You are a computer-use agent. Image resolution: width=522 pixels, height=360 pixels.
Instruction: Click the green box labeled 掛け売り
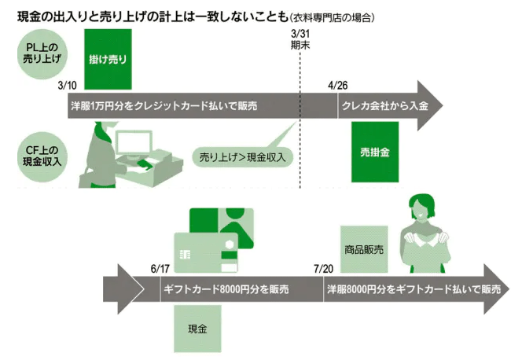click(108, 58)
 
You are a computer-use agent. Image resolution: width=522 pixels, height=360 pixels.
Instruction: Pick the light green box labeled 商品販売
click(364, 249)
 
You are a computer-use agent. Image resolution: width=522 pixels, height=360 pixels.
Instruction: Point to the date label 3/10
click(68, 86)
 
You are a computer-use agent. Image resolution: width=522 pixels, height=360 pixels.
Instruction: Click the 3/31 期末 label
click(300, 41)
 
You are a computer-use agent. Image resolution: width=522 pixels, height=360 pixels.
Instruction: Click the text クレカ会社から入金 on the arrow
click(384, 105)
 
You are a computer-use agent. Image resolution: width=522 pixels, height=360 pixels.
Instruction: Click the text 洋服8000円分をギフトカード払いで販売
click(413, 289)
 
